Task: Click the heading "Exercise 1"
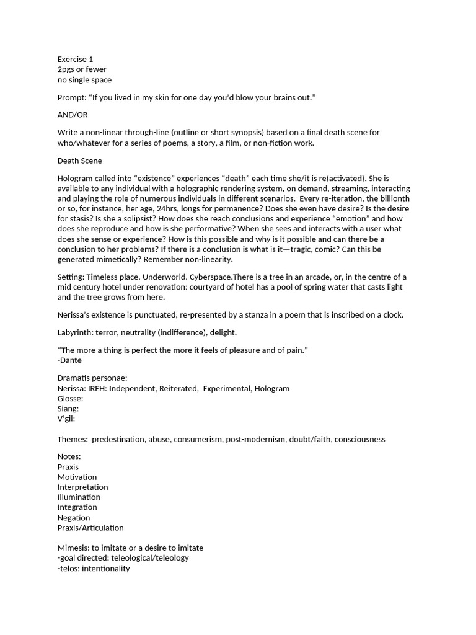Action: (x=75, y=59)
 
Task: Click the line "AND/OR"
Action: (x=73, y=115)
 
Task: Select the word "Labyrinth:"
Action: (x=77, y=332)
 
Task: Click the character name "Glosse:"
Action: (x=70, y=398)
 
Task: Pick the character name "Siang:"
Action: (x=68, y=409)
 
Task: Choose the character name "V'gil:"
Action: (x=66, y=419)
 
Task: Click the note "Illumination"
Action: (x=79, y=497)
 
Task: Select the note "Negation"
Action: (x=74, y=518)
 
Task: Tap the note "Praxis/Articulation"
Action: (x=90, y=528)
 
